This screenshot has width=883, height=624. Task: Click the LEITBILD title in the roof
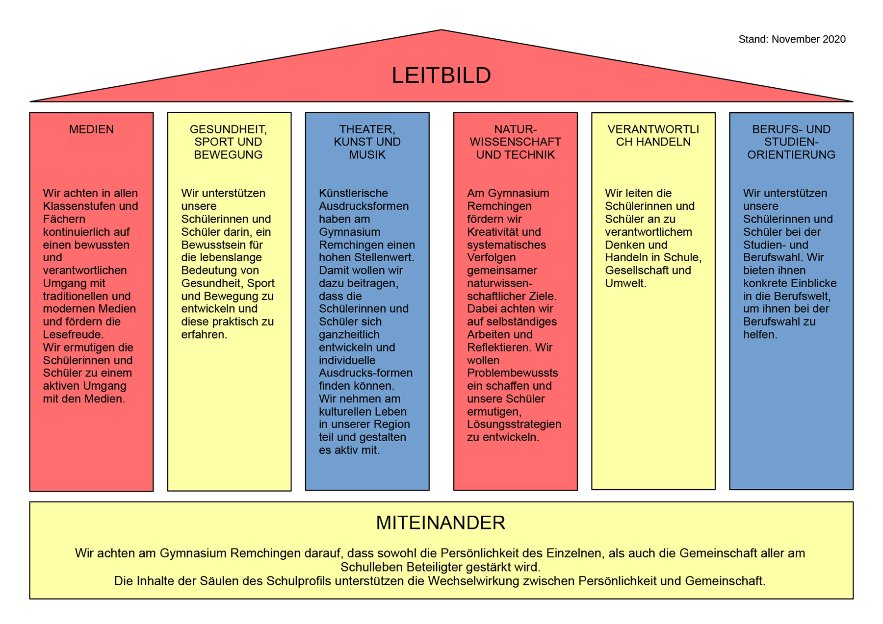[441, 75]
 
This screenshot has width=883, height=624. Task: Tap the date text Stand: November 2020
[792, 39]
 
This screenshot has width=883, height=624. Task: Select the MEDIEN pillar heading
[91, 129]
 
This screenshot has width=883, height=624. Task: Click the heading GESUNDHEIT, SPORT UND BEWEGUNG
[228, 142]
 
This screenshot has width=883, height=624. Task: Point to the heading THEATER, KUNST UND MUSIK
[367, 142]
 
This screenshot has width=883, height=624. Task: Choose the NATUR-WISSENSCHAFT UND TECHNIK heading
[515, 142]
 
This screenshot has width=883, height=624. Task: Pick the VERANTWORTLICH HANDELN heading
[653, 136]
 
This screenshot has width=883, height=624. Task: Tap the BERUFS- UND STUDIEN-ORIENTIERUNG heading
[791, 142]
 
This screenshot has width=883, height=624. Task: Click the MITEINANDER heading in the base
[441, 523]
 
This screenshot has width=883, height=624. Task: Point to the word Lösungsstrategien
[514, 424]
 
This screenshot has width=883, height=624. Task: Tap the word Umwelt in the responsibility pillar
[624, 283]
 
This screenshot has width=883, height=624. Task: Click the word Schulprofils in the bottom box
[299, 581]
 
